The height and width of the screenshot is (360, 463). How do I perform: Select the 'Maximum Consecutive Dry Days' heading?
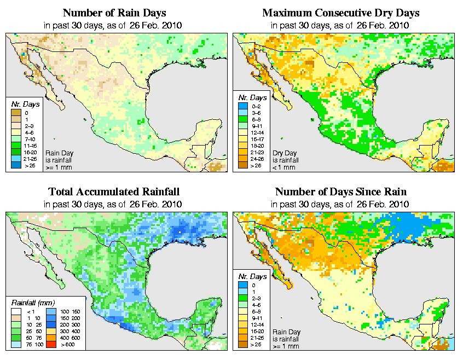[341, 12]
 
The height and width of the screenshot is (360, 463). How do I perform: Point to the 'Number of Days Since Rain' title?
[341, 191]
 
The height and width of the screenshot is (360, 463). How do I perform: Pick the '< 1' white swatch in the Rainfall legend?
[16, 311]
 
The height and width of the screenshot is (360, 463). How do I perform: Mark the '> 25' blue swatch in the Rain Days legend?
[16, 165]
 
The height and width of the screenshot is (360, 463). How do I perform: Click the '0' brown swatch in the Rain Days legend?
[16, 113]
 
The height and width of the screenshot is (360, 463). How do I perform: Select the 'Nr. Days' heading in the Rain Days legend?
[22, 104]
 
